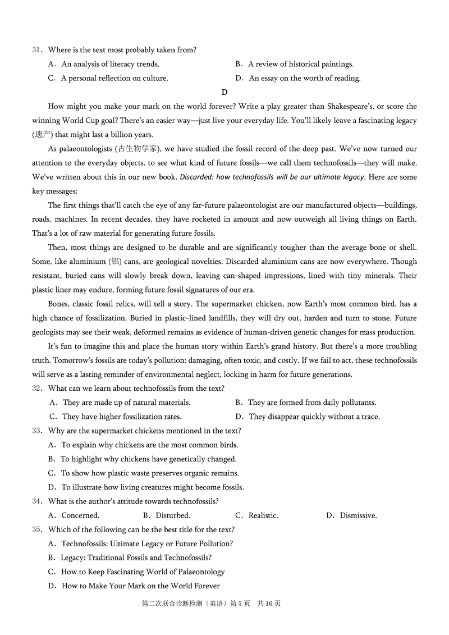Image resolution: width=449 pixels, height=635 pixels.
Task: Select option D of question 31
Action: pyautogui.click(x=298, y=79)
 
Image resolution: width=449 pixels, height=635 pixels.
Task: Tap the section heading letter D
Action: pyautogui.click(x=224, y=93)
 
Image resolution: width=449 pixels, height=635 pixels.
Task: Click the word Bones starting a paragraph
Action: pyautogui.click(x=59, y=304)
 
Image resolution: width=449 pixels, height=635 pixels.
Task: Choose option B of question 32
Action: pyautogui.click(x=306, y=403)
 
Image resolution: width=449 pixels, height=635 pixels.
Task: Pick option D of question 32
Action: pyautogui.click(x=308, y=417)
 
